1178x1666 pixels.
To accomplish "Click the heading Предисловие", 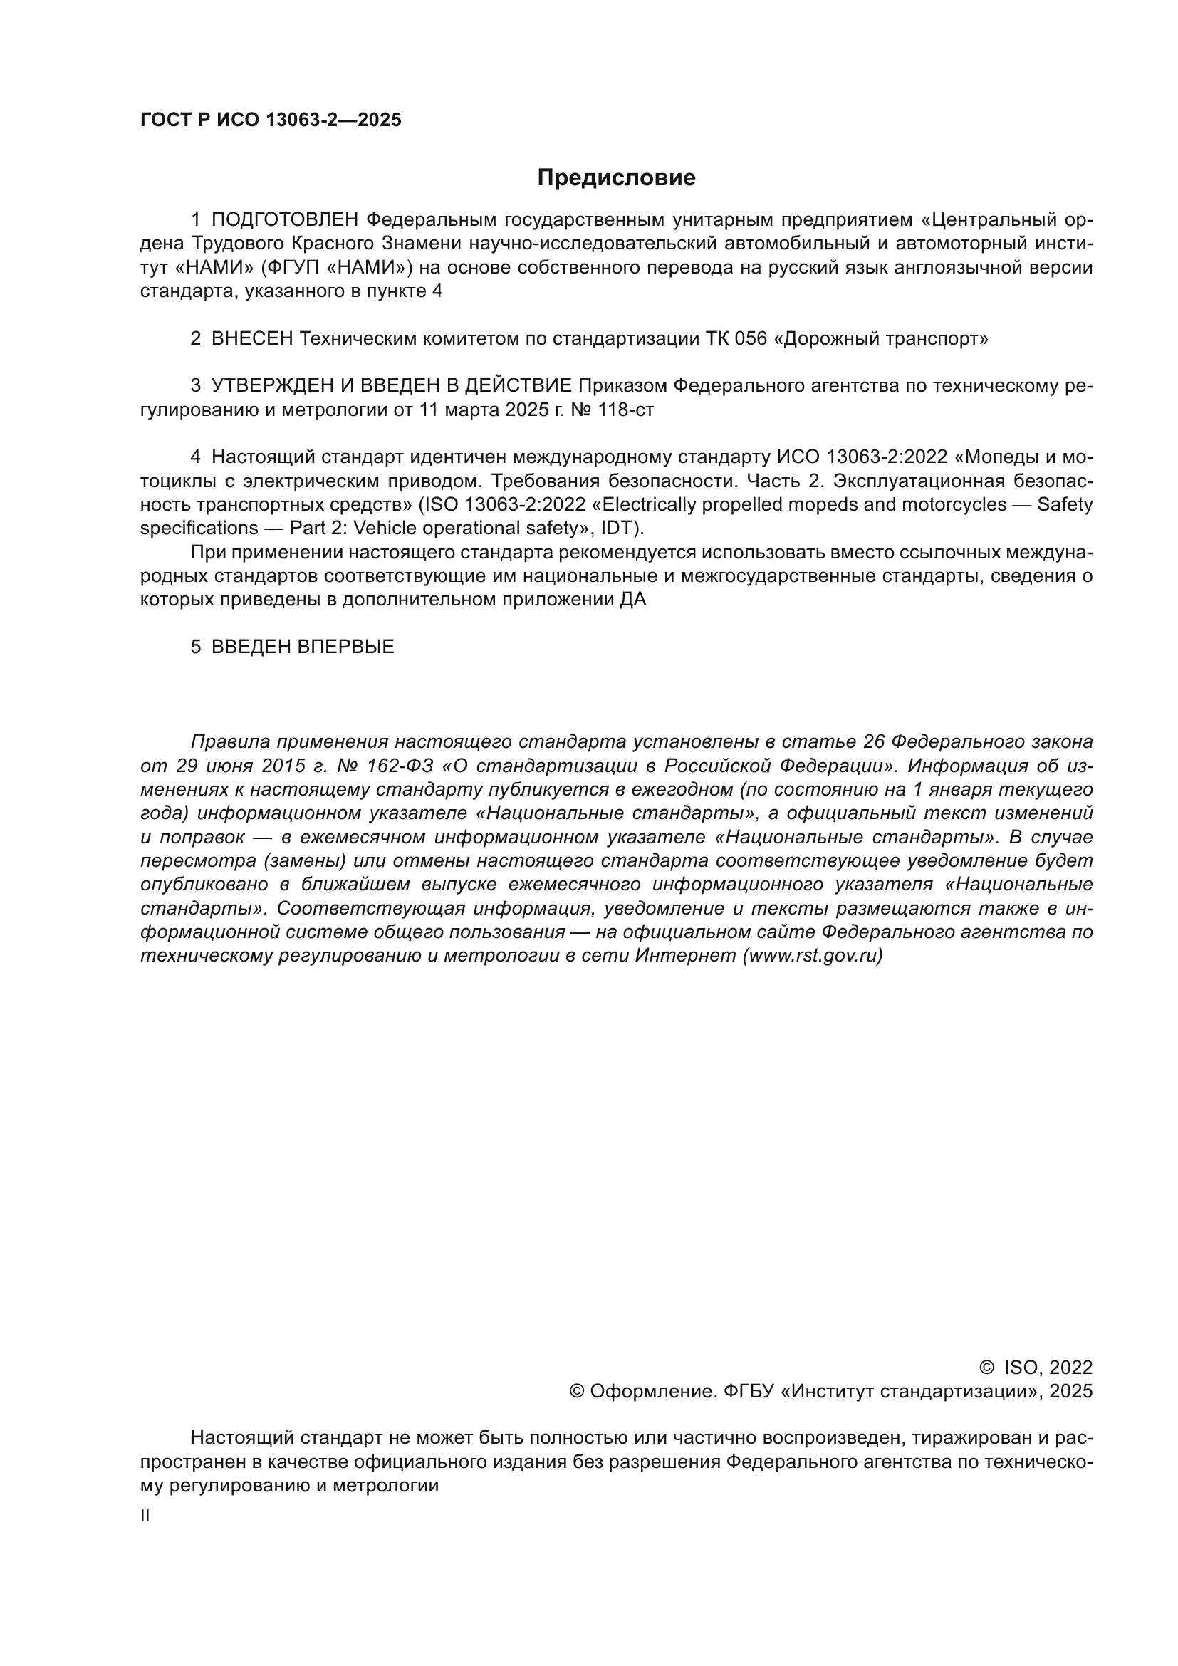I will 616,178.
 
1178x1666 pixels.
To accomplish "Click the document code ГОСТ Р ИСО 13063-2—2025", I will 271,120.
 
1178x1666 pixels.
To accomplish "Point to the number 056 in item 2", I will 751,339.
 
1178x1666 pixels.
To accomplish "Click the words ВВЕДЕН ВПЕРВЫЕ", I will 303,647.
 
